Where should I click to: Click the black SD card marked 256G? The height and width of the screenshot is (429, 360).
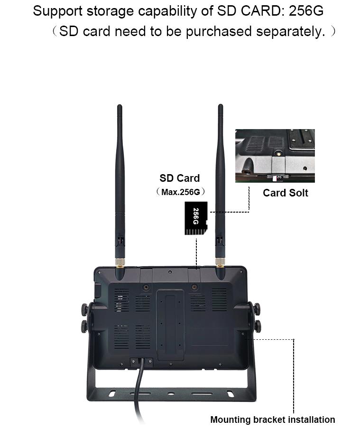[x=196, y=218]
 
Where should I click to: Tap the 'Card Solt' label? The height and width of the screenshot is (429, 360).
[x=286, y=193]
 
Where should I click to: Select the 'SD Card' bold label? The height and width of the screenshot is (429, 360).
[x=179, y=178]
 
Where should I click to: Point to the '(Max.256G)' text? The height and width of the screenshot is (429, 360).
[x=181, y=192]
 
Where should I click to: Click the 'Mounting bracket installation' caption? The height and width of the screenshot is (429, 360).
[x=272, y=420]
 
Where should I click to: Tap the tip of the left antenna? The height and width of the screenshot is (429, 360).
[x=120, y=105]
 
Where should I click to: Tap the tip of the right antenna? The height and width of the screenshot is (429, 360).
[x=221, y=105]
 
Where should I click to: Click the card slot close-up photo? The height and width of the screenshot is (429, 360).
[x=275, y=156]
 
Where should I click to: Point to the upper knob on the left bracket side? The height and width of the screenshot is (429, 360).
[x=85, y=308]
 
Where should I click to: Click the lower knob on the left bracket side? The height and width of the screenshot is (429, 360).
[x=85, y=326]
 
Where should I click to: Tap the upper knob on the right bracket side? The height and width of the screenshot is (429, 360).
[x=257, y=308]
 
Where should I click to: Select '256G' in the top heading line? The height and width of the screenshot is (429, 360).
[x=305, y=11]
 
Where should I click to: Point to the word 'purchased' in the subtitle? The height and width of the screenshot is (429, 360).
[x=219, y=32]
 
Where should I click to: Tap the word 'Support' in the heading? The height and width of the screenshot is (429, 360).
[x=57, y=11]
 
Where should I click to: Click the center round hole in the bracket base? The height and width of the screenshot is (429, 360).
[x=171, y=394]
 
